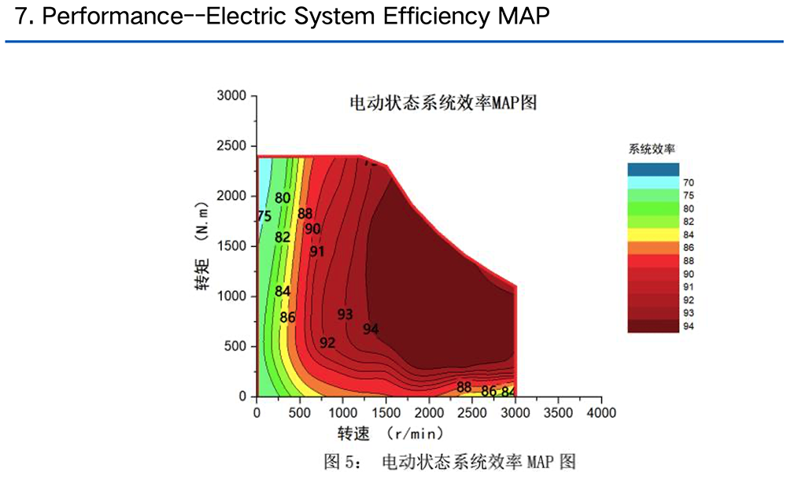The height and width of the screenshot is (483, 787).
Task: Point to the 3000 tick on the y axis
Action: [x=232, y=96]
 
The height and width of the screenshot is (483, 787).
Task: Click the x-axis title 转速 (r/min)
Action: [x=390, y=433]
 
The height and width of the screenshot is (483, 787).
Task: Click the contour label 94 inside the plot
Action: [x=371, y=329]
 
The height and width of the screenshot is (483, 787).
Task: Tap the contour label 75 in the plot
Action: [x=264, y=216]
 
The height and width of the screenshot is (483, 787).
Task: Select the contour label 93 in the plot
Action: [x=345, y=314]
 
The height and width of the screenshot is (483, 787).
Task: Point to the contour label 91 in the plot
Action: [x=317, y=252]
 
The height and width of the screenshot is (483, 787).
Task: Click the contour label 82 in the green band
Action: [x=283, y=237]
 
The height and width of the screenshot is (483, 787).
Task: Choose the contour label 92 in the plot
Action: [x=327, y=343]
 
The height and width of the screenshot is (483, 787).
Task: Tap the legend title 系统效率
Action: [x=652, y=148]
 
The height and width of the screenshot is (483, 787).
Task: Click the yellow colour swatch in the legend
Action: [x=653, y=234]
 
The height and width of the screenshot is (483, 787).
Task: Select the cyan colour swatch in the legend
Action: [x=653, y=183]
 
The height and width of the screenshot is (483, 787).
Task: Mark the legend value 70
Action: [x=689, y=183]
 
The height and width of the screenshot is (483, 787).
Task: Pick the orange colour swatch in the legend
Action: [x=653, y=248]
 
